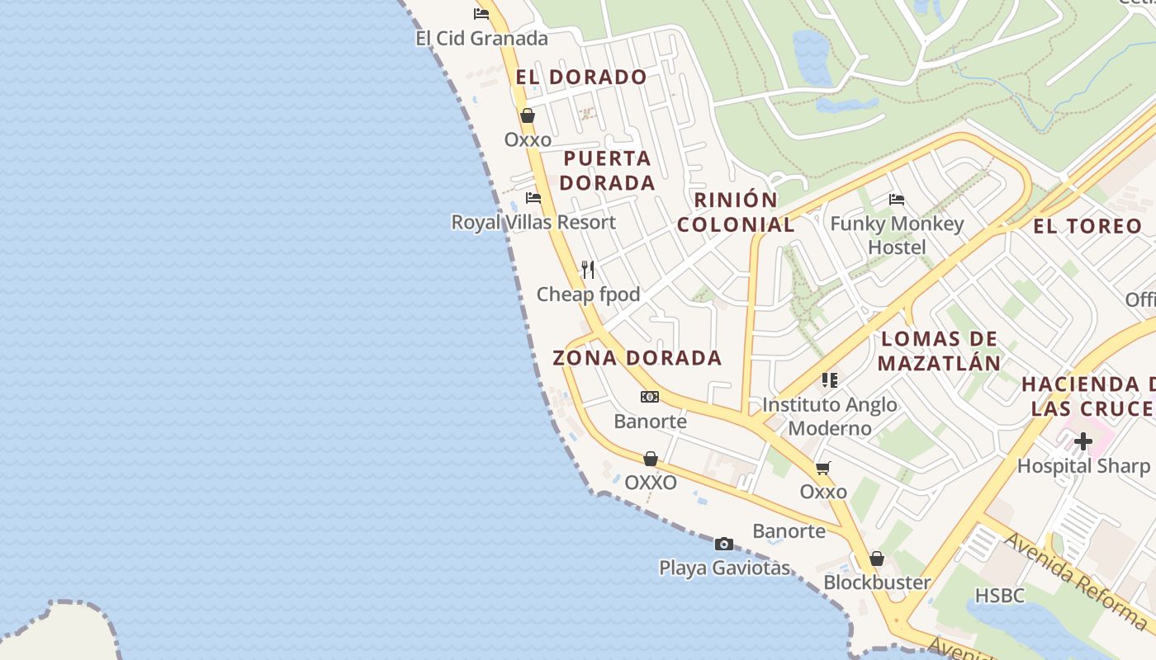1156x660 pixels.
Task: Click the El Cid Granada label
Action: pyautogui.click(x=481, y=38)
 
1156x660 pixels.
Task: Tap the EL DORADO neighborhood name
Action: pyautogui.click(x=581, y=77)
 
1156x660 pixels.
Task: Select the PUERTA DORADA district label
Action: pyautogui.click(x=609, y=170)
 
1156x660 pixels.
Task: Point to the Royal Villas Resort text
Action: pyautogui.click(x=533, y=222)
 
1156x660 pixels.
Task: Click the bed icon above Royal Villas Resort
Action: pyautogui.click(x=533, y=198)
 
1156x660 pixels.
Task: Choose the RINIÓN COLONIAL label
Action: pyautogui.click(x=736, y=212)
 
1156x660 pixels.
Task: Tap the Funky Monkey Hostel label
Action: pyautogui.click(x=897, y=235)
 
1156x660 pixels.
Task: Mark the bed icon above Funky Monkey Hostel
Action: pyautogui.click(x=897, y=200)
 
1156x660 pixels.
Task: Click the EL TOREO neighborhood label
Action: pyautogui.click(x=1087, y=225)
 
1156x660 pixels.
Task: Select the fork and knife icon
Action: pyautogui.click(x=588, y=269)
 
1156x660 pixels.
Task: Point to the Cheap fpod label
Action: pyautogui.click(x=588, y=294)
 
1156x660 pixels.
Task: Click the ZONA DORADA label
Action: pyautogui.click(x=637, y=358)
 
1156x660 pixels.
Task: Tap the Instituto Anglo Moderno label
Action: pyautogui.click(x=830, y=417)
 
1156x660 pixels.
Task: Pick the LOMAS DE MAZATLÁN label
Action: pyautogui.click(x=939, y=351)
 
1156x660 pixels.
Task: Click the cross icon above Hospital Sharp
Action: pyautogui.click(x=1083, y=441)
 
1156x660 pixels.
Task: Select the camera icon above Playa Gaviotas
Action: pyautogui.click(x=724, y=544)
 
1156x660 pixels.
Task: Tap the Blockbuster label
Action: pyautogui.click(x=877, y=582)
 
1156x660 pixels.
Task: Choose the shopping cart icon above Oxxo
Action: pyautogui.click(x=823, y=469)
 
